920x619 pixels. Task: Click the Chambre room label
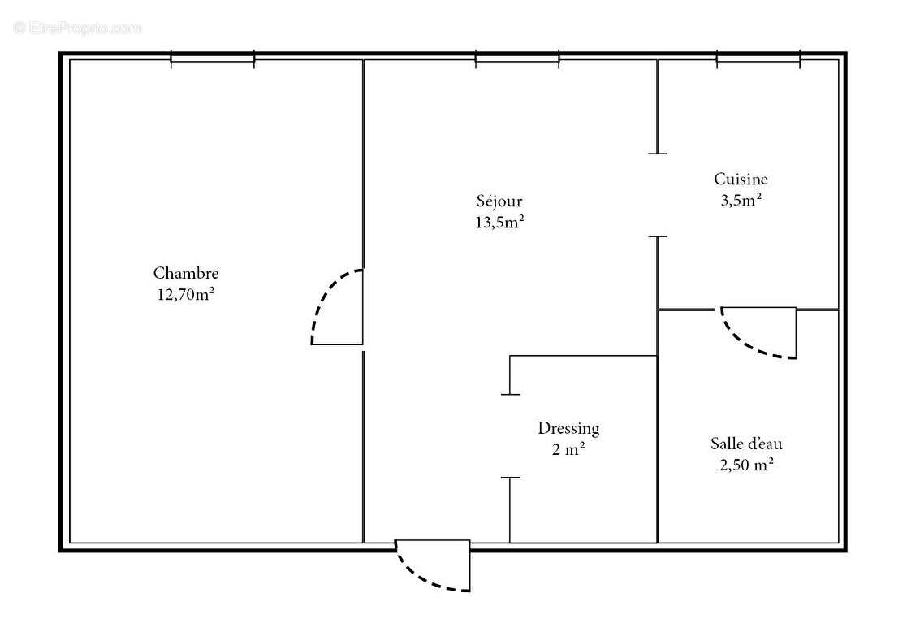tap(186, 274)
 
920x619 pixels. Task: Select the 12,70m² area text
tap(186, 294)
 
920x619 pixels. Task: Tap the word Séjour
tap(499, 201)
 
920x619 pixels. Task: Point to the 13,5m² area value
tap(499, 222)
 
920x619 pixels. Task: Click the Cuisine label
tap(741, 179)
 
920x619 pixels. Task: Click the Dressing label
tap(568, 428)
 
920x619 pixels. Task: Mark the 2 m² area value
tap(569, 449)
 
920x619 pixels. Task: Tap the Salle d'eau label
tap(746, 444)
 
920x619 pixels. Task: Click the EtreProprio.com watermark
tap(78, 28)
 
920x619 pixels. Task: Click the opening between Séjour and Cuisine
tap(658, 195)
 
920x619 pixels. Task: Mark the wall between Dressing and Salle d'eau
tap(658, 447)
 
